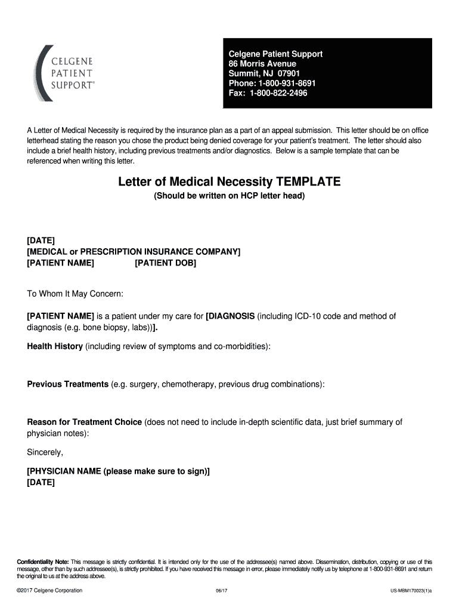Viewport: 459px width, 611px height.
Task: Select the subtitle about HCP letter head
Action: point(229,195)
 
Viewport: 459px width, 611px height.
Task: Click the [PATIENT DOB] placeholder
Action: point(165,263)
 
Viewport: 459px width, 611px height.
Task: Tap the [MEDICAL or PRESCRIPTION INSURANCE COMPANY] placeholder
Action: point(134,251)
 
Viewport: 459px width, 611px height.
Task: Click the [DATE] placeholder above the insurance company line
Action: point(41,240)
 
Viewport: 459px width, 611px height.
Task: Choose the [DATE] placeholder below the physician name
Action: point(41,482)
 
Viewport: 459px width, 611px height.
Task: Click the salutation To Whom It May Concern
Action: point(75,294)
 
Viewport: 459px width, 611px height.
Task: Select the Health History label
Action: point(55,346)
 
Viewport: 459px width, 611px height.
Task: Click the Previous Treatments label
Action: point(68,384)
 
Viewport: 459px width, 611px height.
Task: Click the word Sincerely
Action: point(45,452)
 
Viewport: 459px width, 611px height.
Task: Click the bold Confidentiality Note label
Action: point(43,562)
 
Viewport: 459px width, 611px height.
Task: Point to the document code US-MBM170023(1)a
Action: point(411,591)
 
